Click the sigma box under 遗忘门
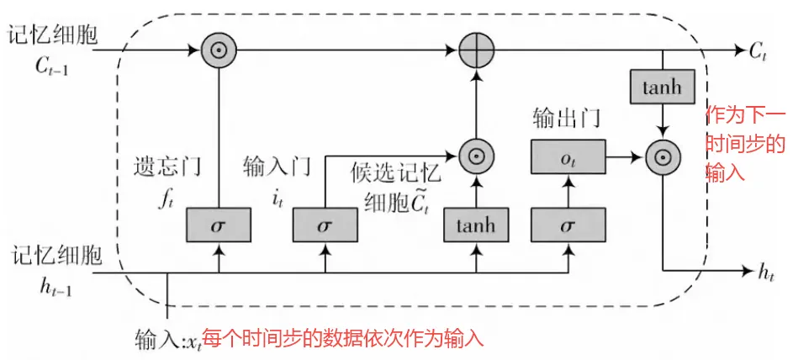(219, 225)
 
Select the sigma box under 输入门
(325, 225)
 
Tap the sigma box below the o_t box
(568, 225)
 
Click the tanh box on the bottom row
(476, 225)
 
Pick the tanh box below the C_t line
(663, 87)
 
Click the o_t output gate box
(568, 156)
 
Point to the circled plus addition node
(476, 50)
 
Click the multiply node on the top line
(219, 50)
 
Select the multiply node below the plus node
(476, 156)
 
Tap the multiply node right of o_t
(663, 156)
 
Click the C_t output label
(759, 51)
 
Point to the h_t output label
(765, 272)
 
